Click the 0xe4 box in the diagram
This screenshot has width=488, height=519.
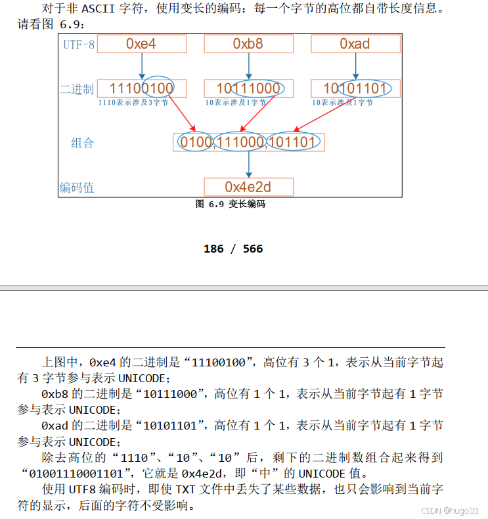pos(142,44)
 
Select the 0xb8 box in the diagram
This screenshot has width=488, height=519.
pos(248,44)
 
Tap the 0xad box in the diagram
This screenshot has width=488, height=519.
pos(355,44)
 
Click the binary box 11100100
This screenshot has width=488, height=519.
pos(142,89)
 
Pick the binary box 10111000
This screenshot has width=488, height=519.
pos(248,89)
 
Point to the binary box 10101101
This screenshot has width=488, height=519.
pos(355,89)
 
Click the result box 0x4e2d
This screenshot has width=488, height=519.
pos(248,187)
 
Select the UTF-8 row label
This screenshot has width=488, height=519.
pos(79,45)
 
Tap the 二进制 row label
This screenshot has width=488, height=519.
pos(77,89)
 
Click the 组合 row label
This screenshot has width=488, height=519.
pos(83,143)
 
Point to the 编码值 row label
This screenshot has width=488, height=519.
pos(77,187)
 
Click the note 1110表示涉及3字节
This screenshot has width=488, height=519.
pos(133,103)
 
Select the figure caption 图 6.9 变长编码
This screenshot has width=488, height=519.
pos(230,204)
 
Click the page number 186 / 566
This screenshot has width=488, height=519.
pos(233,249)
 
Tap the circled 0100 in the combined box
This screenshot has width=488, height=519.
pos(196,142)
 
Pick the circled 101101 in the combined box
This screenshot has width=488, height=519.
pos(293,142)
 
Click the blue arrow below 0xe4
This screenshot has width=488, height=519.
pos(142,66)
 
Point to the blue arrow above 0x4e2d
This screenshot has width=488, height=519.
pos(248,164)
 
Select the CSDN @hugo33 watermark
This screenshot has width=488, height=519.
pos(449,510)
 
